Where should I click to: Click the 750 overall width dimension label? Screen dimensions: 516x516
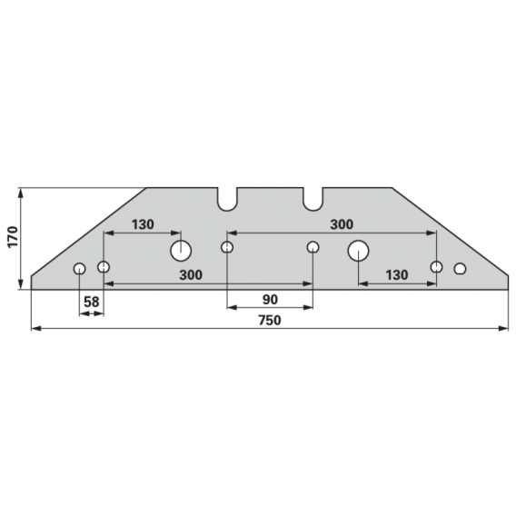coord(270,320)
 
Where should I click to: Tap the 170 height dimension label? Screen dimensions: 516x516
coord(13,237)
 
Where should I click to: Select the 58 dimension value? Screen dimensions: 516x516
coord(91,302)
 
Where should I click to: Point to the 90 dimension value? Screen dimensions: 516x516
coord(270,300)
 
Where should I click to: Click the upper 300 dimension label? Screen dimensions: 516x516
coord(342,224)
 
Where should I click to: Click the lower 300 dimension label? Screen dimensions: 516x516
coord(191,274)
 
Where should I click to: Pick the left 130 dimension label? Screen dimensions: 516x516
coord(143,224)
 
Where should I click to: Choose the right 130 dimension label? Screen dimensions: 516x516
coord(397,274)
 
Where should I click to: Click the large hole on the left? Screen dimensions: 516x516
coord(181,251)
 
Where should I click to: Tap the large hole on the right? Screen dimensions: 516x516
coord(358,251)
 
